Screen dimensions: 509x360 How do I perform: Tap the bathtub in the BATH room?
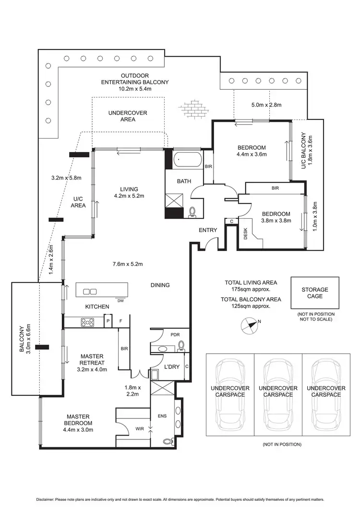[188, 160]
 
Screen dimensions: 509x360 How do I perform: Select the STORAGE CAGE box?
[314, 293]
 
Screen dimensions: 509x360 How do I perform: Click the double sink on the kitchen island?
[90, 291]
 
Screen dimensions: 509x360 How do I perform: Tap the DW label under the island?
[120, 301]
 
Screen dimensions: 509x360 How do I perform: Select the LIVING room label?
[129, 189]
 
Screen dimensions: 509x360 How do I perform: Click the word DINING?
[160, 285]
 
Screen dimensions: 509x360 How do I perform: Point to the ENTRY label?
[208, 230]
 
